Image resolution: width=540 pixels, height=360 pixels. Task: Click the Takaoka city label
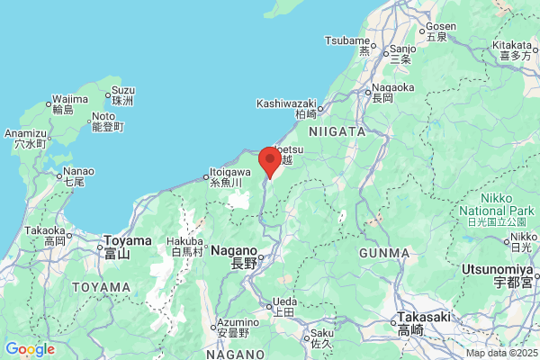coord(45,230)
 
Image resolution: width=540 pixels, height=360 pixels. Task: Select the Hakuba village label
coord(187,242)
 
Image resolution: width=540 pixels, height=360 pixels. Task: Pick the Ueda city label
coord(283,301)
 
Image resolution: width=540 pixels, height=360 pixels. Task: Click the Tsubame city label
coord(347,40)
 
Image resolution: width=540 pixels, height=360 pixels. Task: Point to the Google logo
coord(30,349)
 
